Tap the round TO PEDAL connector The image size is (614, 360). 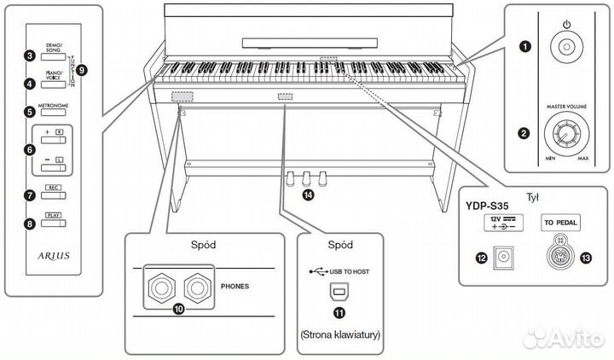(560, 254)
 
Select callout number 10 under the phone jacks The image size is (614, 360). (178, 309)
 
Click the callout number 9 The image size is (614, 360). (82, 69)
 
